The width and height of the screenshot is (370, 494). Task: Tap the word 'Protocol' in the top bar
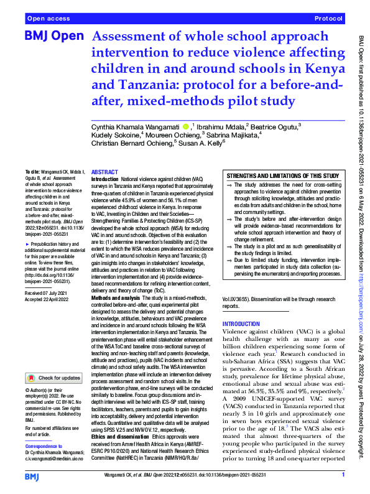[x=329, y=19]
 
